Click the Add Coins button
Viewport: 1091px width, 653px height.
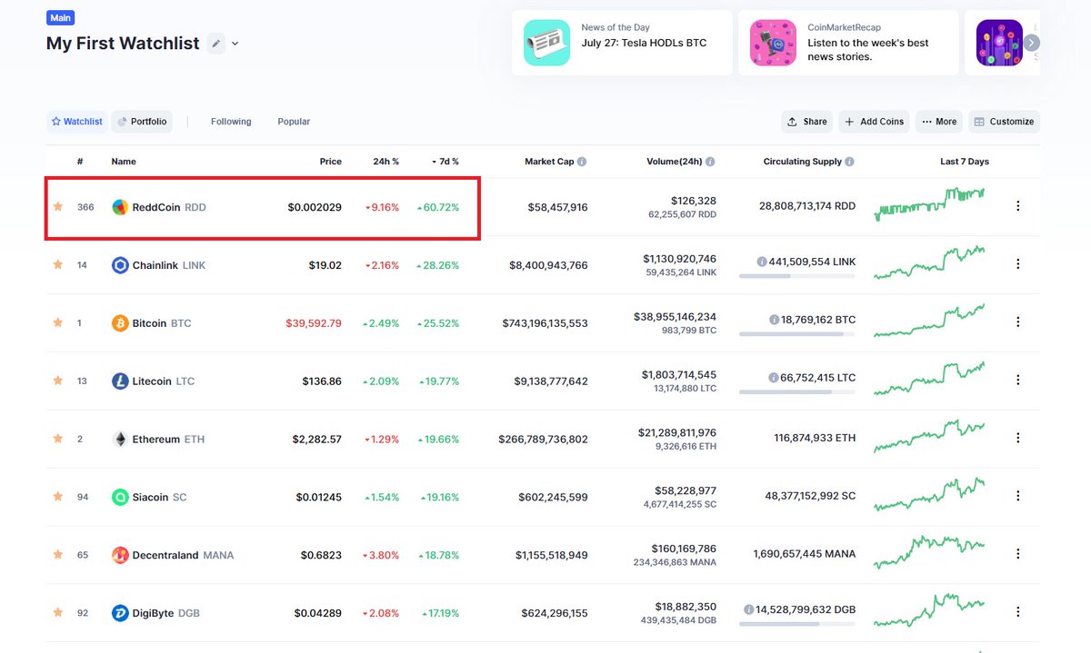point(872,122)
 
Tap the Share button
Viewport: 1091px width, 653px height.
point(806,122)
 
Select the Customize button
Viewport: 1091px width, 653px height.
point(1004,122)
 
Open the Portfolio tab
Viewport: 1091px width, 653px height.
point(142,122)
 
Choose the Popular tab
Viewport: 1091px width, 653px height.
point(294,122)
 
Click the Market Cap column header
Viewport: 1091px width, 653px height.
point(550,162)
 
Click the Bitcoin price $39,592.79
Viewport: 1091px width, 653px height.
point(314,323)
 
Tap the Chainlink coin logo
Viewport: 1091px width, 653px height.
point(120,265)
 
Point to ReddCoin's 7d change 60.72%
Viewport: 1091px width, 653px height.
point(438,207)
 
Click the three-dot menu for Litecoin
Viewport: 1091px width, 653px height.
point(1017,381)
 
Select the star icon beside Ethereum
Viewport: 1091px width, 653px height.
point(58,439)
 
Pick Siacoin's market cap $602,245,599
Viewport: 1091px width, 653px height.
point(555,497)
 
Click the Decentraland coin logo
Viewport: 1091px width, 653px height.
point(120,555)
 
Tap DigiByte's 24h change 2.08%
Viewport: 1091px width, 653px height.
point(382,613)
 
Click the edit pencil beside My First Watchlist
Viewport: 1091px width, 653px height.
point(215,43)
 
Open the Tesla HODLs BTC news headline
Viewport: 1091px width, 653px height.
point(644,43)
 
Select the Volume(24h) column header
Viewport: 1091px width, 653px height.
point(674,162)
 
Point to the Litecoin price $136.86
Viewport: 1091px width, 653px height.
point(322,381)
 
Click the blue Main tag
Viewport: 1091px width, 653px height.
point(62,17)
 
